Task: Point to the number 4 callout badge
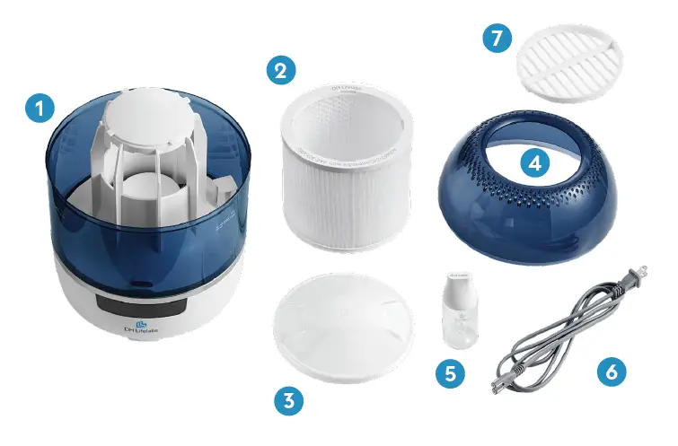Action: tap(535, 163)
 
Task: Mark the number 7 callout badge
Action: tap(495, 39)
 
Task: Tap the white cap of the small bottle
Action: tap(460, 286)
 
